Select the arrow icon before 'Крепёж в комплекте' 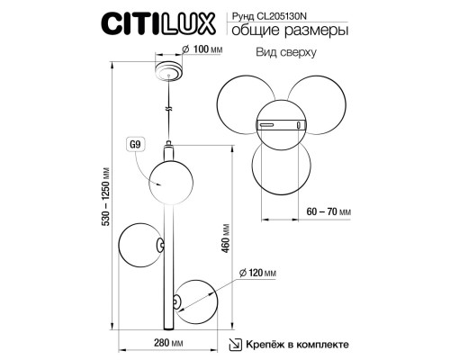coord(234,343)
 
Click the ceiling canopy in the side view coord(167,72)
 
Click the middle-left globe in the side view coord(140,244)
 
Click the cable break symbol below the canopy coord(167,109)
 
